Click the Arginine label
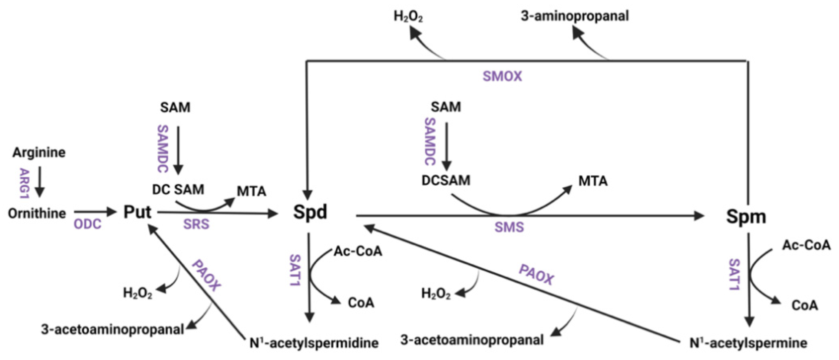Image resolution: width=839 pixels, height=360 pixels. tap(39, 153)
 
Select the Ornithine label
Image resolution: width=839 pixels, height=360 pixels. tap(37, 214)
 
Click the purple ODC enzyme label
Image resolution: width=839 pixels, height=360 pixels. tap(87, 224)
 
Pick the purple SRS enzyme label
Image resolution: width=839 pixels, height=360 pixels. tap(196, 224)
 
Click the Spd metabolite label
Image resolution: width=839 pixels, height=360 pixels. tap(310, 212)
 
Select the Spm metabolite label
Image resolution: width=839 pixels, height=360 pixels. tap(746, 216)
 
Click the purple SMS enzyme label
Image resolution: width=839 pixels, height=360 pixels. tap(509, 227)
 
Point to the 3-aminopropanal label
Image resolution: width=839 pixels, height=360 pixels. tap(575, 16)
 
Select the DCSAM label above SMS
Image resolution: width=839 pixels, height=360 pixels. tap(446, 180)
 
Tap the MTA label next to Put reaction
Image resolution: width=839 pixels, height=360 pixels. tap(252, 192)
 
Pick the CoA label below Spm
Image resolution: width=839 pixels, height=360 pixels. tap(804, 305)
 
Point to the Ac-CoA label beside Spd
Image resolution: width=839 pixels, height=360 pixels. tap(358, 251)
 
